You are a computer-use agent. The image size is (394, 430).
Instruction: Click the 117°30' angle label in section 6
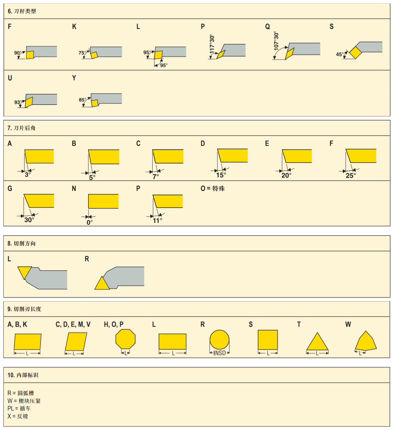[x=212, y=44]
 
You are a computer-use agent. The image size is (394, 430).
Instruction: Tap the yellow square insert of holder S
[x=355, y=53]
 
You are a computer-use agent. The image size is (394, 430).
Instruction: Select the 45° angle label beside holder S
[x=340, y=54]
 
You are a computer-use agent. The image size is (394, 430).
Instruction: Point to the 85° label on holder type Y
[x=83, y=100]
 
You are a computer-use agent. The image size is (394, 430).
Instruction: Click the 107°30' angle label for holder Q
[x=276, y=41]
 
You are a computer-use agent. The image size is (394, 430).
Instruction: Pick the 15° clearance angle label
[x=221, y=175]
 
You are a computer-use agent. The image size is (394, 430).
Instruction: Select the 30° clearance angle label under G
[x=29, y=220]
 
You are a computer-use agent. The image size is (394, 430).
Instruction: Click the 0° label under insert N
[x=89, y=222]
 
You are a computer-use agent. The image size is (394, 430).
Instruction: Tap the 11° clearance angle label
[x=157, y=221]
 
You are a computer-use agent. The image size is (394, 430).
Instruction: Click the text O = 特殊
[x=213, y=189]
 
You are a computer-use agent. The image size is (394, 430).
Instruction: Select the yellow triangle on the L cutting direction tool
[x=24, y=272]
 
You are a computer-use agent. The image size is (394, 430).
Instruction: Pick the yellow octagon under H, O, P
[x=126, y=339]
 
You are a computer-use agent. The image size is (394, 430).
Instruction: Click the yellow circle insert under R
[x=219, y=339]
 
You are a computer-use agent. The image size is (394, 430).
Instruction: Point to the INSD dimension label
[x=220, y=353]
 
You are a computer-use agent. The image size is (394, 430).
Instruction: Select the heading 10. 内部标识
[x=23, y=375]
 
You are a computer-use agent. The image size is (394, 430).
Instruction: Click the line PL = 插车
[x=19, y=408]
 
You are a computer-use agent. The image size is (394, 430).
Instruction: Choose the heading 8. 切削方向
[x=22, y=244]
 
